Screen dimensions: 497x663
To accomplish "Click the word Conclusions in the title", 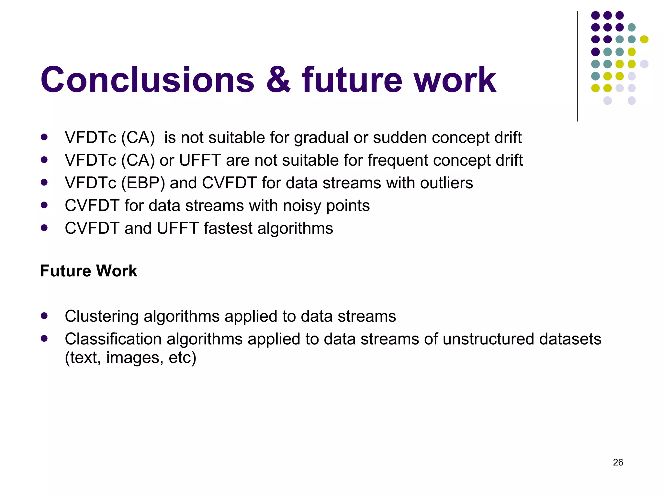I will pos(147,80).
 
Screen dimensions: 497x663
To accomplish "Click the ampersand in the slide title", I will pos(278,80).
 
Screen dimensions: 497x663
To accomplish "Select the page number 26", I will pos(618,462).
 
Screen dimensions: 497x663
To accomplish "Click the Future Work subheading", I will pos(88,271).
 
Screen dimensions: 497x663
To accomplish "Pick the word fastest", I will pos(228,228).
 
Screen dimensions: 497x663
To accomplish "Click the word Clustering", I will pos(102,316).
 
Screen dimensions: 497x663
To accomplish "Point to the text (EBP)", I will pos(143,183).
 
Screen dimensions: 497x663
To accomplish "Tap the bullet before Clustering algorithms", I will pos(44,315).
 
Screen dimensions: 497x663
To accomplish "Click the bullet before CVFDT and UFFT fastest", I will pos(44,227).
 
